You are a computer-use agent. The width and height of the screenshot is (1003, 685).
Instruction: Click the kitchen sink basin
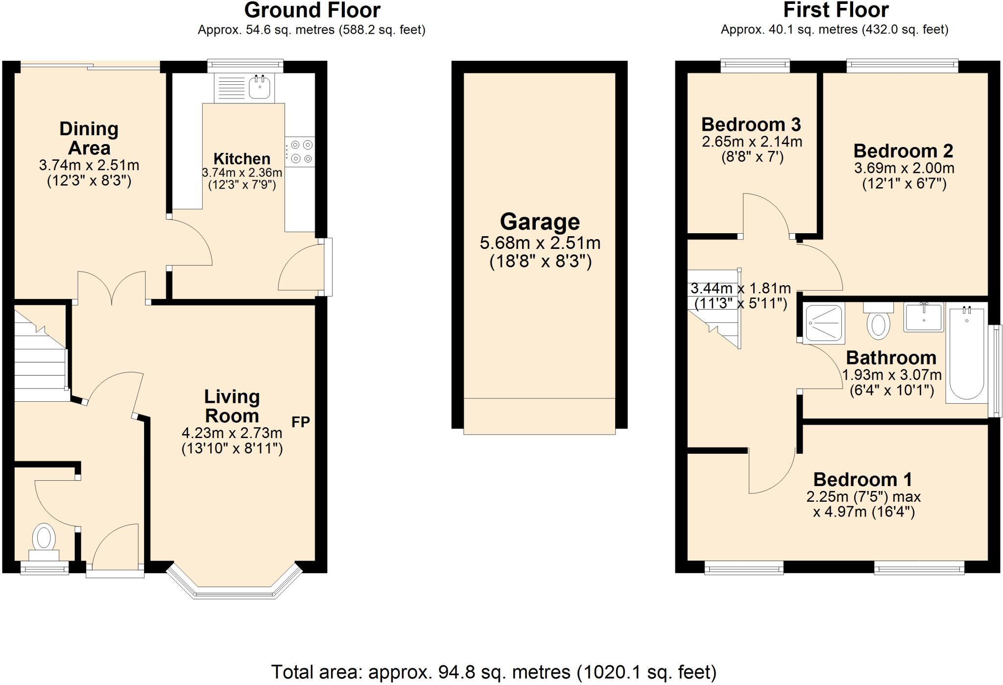coord(260,87)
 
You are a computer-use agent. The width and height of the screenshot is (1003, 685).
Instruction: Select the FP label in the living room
coord(301,422)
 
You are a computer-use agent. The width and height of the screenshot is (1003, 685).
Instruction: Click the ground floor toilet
coord(44,542)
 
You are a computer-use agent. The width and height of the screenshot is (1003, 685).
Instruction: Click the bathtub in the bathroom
coord(966,353)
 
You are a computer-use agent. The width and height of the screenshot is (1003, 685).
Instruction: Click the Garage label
coord(540,222)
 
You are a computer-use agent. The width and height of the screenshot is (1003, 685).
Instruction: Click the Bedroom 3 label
coord(751,124)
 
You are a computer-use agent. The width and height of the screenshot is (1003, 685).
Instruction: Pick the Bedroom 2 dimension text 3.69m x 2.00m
coord(904,168)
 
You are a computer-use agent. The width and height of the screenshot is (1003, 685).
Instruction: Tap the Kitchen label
coord(242,159)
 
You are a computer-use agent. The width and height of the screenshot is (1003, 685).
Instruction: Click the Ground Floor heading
coord(312,10)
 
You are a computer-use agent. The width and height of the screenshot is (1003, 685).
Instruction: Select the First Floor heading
coord(836,10)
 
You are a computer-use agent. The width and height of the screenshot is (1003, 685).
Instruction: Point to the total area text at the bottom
coord(494,672)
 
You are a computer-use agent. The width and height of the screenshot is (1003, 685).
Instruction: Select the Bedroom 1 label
coord(862,479)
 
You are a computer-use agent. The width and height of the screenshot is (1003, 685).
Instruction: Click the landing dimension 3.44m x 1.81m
coord(740,288)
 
